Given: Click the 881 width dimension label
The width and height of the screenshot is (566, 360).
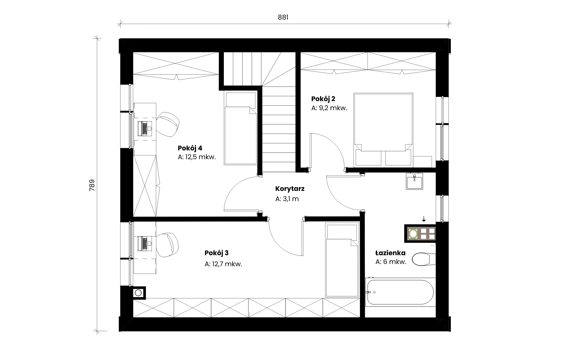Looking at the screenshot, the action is [x=283, y=17].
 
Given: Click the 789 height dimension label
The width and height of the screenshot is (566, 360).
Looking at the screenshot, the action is [x=92, y=185].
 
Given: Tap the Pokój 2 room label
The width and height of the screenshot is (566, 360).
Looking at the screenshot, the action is [x=323, y=99].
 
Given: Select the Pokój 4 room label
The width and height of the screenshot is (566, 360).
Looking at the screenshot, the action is [x=190, y=148].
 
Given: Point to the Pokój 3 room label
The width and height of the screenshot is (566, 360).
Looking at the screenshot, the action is [x=216, y=253].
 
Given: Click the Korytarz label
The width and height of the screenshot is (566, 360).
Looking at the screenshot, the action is [x=290, y=189].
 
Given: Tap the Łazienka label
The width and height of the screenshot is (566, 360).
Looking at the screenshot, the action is [x=390, y=253].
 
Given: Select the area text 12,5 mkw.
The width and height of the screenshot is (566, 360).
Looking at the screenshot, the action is [x=201, y=157].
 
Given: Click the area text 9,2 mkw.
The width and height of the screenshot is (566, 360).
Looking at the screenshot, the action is [x=333, y=108].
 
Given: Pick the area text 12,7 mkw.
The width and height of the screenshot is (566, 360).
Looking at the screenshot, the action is [x=227, y=264].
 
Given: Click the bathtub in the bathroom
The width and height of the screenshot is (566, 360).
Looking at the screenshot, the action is [x=400, y=292].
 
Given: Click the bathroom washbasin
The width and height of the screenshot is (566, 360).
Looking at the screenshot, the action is [x=414, y=181].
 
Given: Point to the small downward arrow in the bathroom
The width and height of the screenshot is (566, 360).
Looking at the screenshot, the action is [x=424, y=219].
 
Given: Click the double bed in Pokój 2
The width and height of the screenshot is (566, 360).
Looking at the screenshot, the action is [x=383, y=129].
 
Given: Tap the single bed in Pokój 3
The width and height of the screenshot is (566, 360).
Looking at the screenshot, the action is [x=342, y=260].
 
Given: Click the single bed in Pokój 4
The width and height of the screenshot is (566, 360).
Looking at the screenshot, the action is [x=241, y=128].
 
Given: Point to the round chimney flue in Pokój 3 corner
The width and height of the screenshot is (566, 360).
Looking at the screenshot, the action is [x=138, y=293].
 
